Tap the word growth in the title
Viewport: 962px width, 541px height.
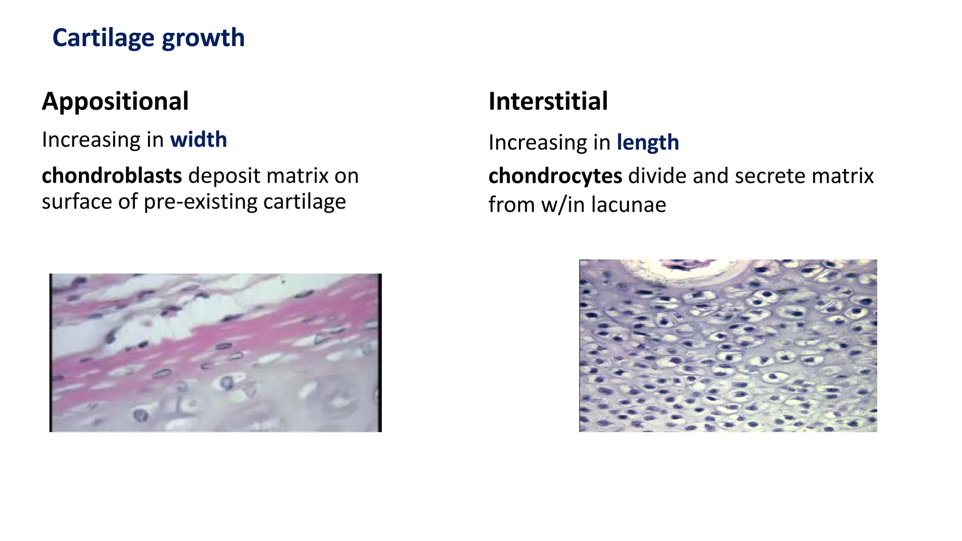203,38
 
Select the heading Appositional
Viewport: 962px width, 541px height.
115,101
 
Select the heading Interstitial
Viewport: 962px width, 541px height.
548,101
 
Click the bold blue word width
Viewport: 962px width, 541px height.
198,139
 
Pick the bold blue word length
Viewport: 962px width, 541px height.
647,142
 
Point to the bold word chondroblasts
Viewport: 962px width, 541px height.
111,176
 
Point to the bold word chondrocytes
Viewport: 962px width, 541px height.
555,176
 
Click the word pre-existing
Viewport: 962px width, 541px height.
201,202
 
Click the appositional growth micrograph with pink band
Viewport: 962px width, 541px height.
215,352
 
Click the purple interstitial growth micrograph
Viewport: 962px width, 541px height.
728,357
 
